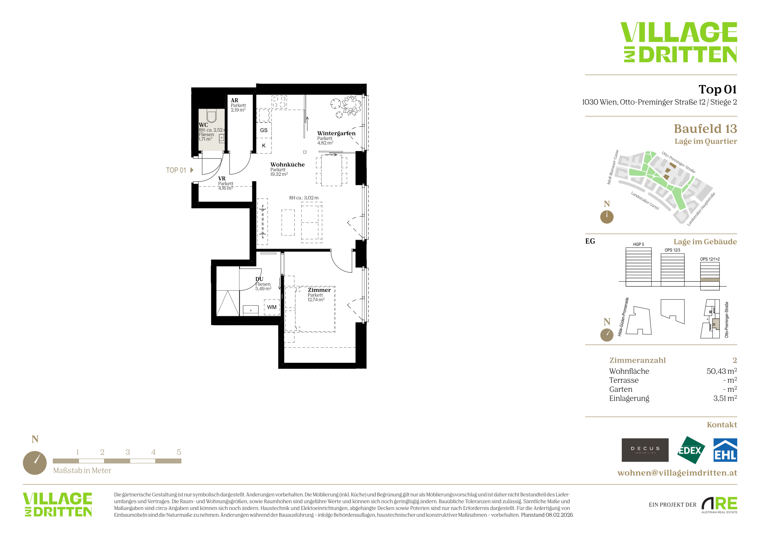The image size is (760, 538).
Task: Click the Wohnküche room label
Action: [287, 165]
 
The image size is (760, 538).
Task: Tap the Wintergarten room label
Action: [336, 133]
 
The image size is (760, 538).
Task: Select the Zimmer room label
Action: [319, 290]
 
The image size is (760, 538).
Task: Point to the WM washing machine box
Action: [272, 307]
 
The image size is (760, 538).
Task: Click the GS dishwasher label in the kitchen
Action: [264, 130]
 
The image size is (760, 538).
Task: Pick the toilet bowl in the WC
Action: [211, 117]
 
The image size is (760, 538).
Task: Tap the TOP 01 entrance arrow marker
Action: [192, 170]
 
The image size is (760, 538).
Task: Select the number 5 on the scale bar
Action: [179, 452]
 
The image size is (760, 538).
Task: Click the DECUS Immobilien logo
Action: [645, 450]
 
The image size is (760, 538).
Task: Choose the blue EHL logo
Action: [725, 450]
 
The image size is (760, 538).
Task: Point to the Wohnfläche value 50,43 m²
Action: [722, 371]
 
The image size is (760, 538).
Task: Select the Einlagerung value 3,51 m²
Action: [725, 398]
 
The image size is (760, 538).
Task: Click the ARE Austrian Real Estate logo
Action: [719, 505]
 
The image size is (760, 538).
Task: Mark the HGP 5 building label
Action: [639, 245]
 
